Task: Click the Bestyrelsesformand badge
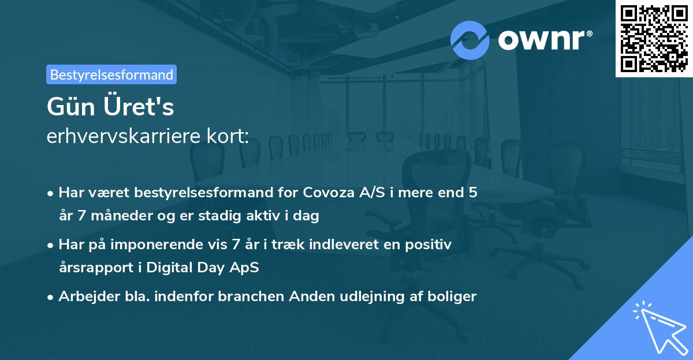pyautogui.click(x=111, y=74)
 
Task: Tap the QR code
pyautogui.click(x=654, y=39)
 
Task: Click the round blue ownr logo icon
pyautogui.click(x=470, y=40)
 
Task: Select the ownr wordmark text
pyautogui.click(x=545, y=40)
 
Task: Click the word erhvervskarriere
pyautogui.click(x=124, y=136)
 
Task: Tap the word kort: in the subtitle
pyautogui.click(x=228, y=136)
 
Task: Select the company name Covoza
pyautogui.click(x=329, y=192)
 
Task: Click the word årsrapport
pyautogui.click(x=96, y=268)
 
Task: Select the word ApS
pyautogui.click(x=244, y=268)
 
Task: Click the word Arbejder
pyautogui.click(x=89, y=297)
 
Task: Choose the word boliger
pyautogui.click(x=452, y=297)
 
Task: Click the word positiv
pyautogui.click(x=428, y=245)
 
